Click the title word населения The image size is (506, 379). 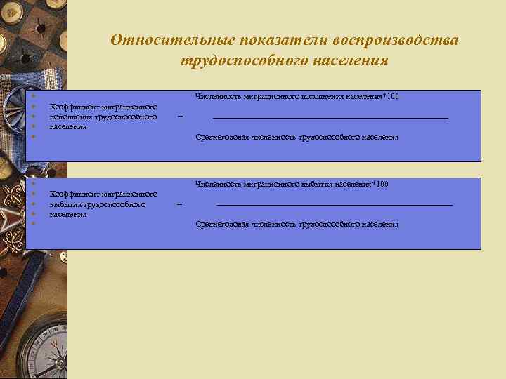click(349, 61)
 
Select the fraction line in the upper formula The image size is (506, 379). click(330, 118)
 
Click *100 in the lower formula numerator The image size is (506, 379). click(380, 184)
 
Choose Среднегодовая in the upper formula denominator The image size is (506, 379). click(218, 138)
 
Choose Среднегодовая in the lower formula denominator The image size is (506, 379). click(218, 225)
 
